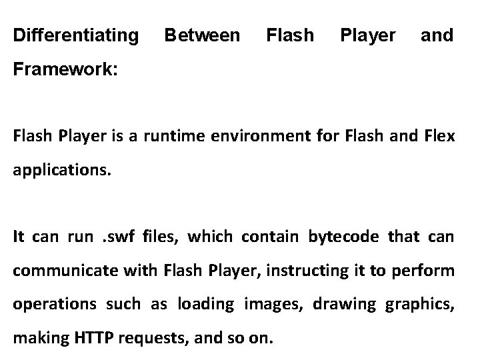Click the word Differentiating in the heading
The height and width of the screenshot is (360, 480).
tap(77, 34)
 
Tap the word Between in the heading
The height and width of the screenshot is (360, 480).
tap(202, 34)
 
